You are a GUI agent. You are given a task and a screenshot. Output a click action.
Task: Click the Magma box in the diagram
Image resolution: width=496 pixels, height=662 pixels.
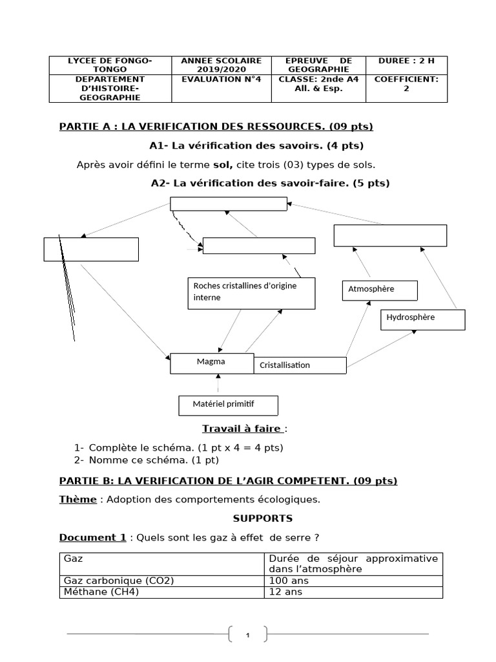(212, 363)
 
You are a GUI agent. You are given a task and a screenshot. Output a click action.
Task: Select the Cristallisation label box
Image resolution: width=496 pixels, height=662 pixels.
(300, 365)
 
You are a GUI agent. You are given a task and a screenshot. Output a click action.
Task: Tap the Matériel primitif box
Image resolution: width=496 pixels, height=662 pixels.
(228, 405)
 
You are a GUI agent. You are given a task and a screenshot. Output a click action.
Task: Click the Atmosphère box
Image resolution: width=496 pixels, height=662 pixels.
(379, 290)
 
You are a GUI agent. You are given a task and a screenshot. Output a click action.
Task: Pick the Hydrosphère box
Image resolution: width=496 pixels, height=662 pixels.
(422, 319)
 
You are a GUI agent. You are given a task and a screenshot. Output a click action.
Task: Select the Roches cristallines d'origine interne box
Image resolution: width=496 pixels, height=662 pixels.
(251, 292)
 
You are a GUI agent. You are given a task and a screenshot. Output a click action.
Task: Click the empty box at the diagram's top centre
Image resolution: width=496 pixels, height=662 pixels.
(228, 204)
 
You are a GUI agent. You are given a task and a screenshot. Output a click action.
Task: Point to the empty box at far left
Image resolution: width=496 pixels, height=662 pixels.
(91, 250)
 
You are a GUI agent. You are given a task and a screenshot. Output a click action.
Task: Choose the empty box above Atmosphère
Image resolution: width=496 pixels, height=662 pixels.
(390, 235)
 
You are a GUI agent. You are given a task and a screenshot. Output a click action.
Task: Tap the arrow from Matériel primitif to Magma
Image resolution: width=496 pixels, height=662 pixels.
(219, 385)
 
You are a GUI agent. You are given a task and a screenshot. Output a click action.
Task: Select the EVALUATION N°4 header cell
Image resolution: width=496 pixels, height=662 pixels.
(221, 80)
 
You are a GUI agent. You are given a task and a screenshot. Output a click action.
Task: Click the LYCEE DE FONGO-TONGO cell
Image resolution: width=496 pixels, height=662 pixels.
(110, 65)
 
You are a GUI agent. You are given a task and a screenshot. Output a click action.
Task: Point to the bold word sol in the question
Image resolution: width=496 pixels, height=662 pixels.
(224, 165)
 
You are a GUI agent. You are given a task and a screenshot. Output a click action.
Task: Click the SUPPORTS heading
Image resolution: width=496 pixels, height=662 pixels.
(262, 518)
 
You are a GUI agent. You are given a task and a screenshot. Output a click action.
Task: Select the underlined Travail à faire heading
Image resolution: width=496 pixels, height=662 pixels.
(242, 429)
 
